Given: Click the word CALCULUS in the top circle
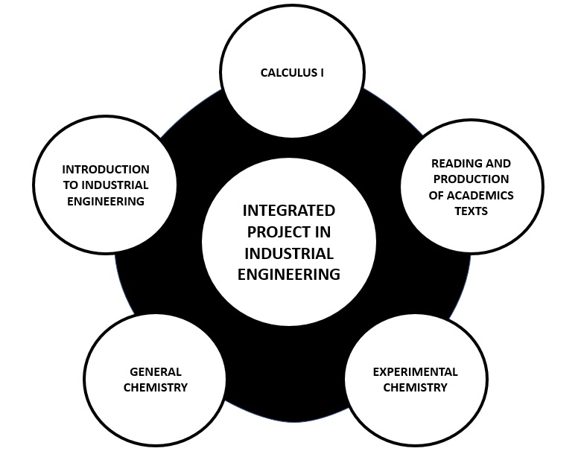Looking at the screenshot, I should point(288,73).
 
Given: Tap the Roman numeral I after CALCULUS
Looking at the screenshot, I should point(322,73).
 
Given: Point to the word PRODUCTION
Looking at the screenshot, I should point(471,179).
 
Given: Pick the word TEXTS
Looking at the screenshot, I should point(471,211).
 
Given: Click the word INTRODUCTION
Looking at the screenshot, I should point(105,170).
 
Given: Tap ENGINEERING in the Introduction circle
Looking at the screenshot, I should point(105,201).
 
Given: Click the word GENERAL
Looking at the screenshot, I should point(156,371).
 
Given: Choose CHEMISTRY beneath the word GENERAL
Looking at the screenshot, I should point(156,387).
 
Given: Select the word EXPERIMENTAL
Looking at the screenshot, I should point(415,371).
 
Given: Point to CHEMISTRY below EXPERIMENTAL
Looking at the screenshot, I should point(415,387).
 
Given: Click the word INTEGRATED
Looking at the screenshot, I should point(289,211).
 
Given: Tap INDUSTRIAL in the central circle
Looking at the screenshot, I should point(289,253).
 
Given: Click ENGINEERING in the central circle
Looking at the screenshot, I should point(289,275).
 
